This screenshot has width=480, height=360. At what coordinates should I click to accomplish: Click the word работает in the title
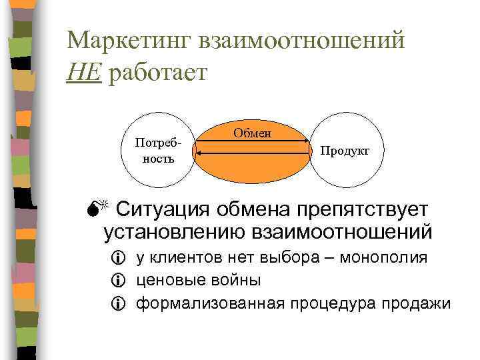[154, 73]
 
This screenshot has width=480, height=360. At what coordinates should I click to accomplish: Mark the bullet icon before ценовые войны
[120, 281]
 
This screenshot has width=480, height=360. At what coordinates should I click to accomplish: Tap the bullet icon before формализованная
[120, 304]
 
